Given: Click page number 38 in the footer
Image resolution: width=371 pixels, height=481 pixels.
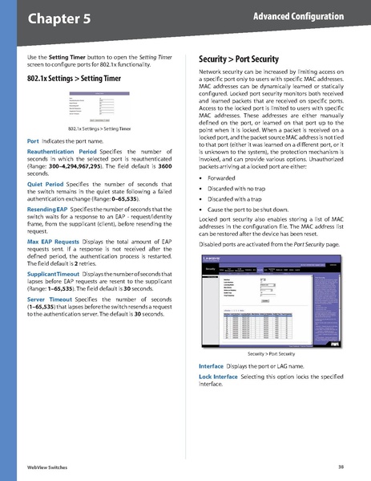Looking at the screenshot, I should (341, 466).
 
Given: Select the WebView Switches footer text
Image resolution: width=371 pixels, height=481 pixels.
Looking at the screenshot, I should (47, 466).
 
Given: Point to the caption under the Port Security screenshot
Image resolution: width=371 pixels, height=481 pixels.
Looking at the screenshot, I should (268, 353).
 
